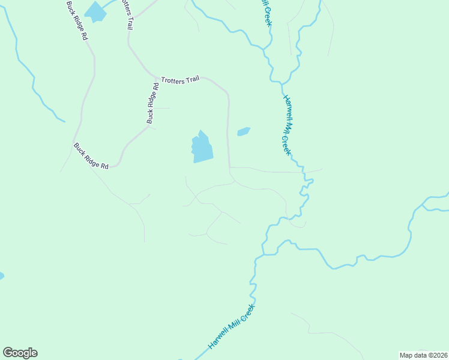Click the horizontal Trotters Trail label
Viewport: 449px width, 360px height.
(x=180, y=79)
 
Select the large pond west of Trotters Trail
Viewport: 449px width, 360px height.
(x=202, y=148)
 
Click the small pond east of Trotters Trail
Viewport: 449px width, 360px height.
(x=243, y=131)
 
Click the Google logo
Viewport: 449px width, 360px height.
(x=20, y=353)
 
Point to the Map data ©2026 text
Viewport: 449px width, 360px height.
(x=423, y=355)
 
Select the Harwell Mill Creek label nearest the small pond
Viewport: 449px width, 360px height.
(x=288, y=125)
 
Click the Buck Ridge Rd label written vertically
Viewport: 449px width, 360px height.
(x=152, y=103)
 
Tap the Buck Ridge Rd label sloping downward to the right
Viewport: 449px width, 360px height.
(x=91, y=156)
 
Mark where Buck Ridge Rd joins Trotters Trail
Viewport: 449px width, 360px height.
(x=157, y=77)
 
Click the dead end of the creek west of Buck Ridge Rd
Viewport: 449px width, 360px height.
(x=64, y=122)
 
